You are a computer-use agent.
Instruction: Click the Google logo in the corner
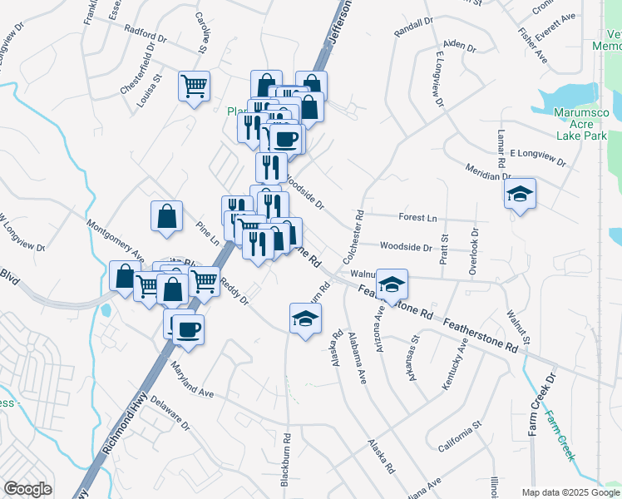(27, 488)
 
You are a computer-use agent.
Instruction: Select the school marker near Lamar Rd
(521, 195)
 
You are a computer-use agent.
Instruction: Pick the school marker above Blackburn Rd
(305, 319)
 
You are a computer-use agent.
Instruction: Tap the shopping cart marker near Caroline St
(194, 85)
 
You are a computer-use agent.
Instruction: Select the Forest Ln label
(417, 218)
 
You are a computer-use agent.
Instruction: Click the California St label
(462, 437)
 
